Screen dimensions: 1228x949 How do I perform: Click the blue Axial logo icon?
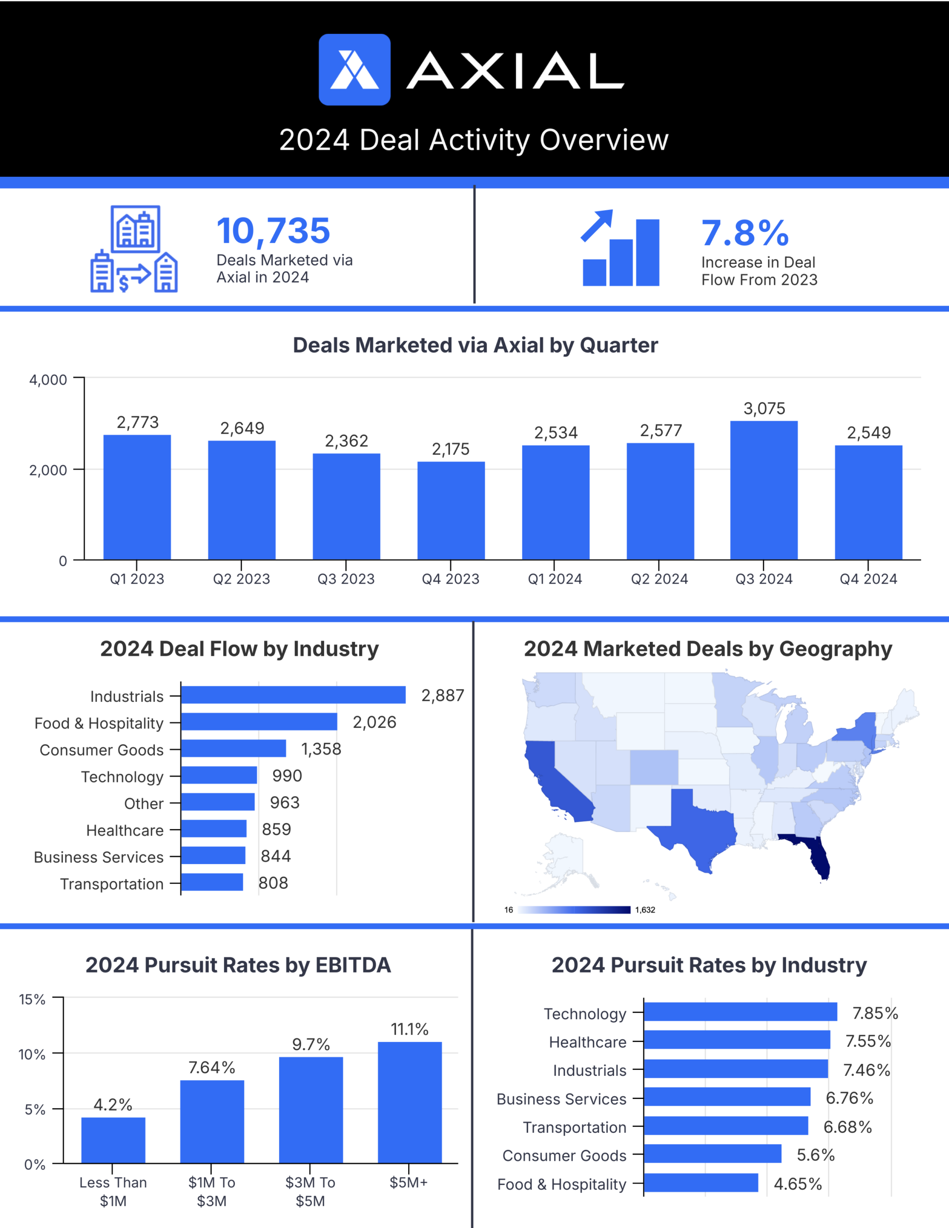(x=354, y=70)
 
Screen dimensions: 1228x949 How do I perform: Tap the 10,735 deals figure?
(x=273, y=230)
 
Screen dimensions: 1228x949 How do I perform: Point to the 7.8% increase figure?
(x=745, y=233)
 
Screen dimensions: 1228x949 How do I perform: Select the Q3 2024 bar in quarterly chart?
(x=763, y=490)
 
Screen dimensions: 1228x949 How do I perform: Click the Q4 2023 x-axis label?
(x=450, y=579)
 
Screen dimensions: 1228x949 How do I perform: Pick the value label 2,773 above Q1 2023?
(x=138, y=422)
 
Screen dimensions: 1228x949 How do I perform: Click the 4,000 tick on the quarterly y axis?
(x=48, y=380)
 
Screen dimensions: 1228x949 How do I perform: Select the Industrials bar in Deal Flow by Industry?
(x=293, y=695)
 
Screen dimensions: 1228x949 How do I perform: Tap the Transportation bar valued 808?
(x=212, y=882)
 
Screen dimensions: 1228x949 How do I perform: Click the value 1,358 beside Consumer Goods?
(x=321, y=749)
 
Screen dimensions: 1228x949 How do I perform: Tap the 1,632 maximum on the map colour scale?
(x=645, y=910)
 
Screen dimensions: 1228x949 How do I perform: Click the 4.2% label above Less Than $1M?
(x=113, y=1105)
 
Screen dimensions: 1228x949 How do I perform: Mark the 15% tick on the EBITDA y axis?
(x=32, y=999)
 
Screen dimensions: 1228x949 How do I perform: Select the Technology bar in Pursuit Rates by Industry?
(x=740, y=1011)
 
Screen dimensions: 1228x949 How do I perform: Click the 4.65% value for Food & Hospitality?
(x=798, y=1184)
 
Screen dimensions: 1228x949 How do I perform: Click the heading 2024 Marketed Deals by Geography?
(x=708, y=649)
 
